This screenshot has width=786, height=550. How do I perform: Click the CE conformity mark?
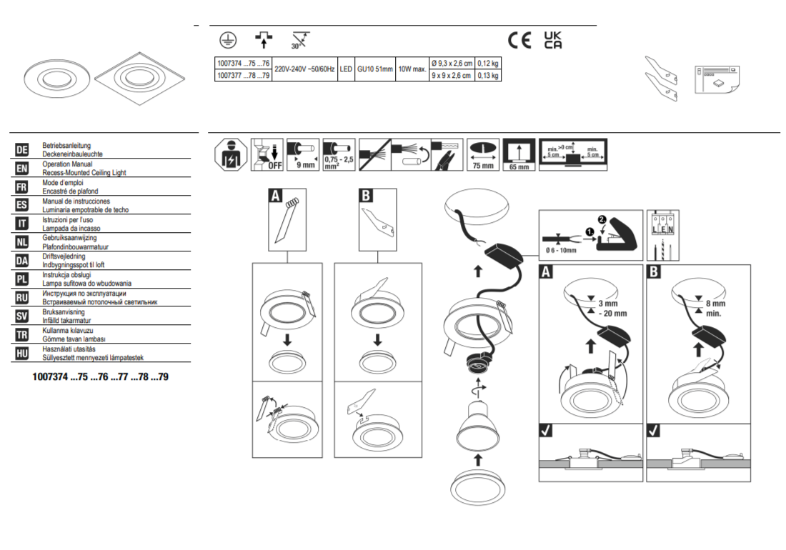coord(519,41)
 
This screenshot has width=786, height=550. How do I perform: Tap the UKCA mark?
coord(553,40)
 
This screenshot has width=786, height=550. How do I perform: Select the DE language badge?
coord(22,150)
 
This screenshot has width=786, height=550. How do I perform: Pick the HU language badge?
coord(22,354)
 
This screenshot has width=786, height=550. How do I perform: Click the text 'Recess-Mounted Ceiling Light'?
coord(84,173)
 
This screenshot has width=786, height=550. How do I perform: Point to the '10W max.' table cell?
coord(412,69)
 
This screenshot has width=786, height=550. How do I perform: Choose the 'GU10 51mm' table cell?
coord(375,69)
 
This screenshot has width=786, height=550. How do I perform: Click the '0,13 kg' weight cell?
coord(488,76)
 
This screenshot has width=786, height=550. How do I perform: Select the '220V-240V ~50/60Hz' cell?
coord(304,69)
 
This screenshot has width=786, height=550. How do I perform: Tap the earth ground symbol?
coord(228,41)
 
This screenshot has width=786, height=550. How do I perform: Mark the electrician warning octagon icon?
coord(231,155)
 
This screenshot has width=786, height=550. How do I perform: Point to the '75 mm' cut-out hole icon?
coord(483,155)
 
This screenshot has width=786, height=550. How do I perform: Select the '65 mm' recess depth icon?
coord(519,155)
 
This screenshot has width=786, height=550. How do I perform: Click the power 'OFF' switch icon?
coord(267,155)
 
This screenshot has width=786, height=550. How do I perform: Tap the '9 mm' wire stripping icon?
coord(303,155)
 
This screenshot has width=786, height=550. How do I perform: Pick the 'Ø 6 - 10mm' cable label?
coord(561,251)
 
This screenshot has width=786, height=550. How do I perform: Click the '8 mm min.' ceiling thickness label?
coord(715,309)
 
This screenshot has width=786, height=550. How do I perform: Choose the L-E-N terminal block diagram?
coord(662,236)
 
